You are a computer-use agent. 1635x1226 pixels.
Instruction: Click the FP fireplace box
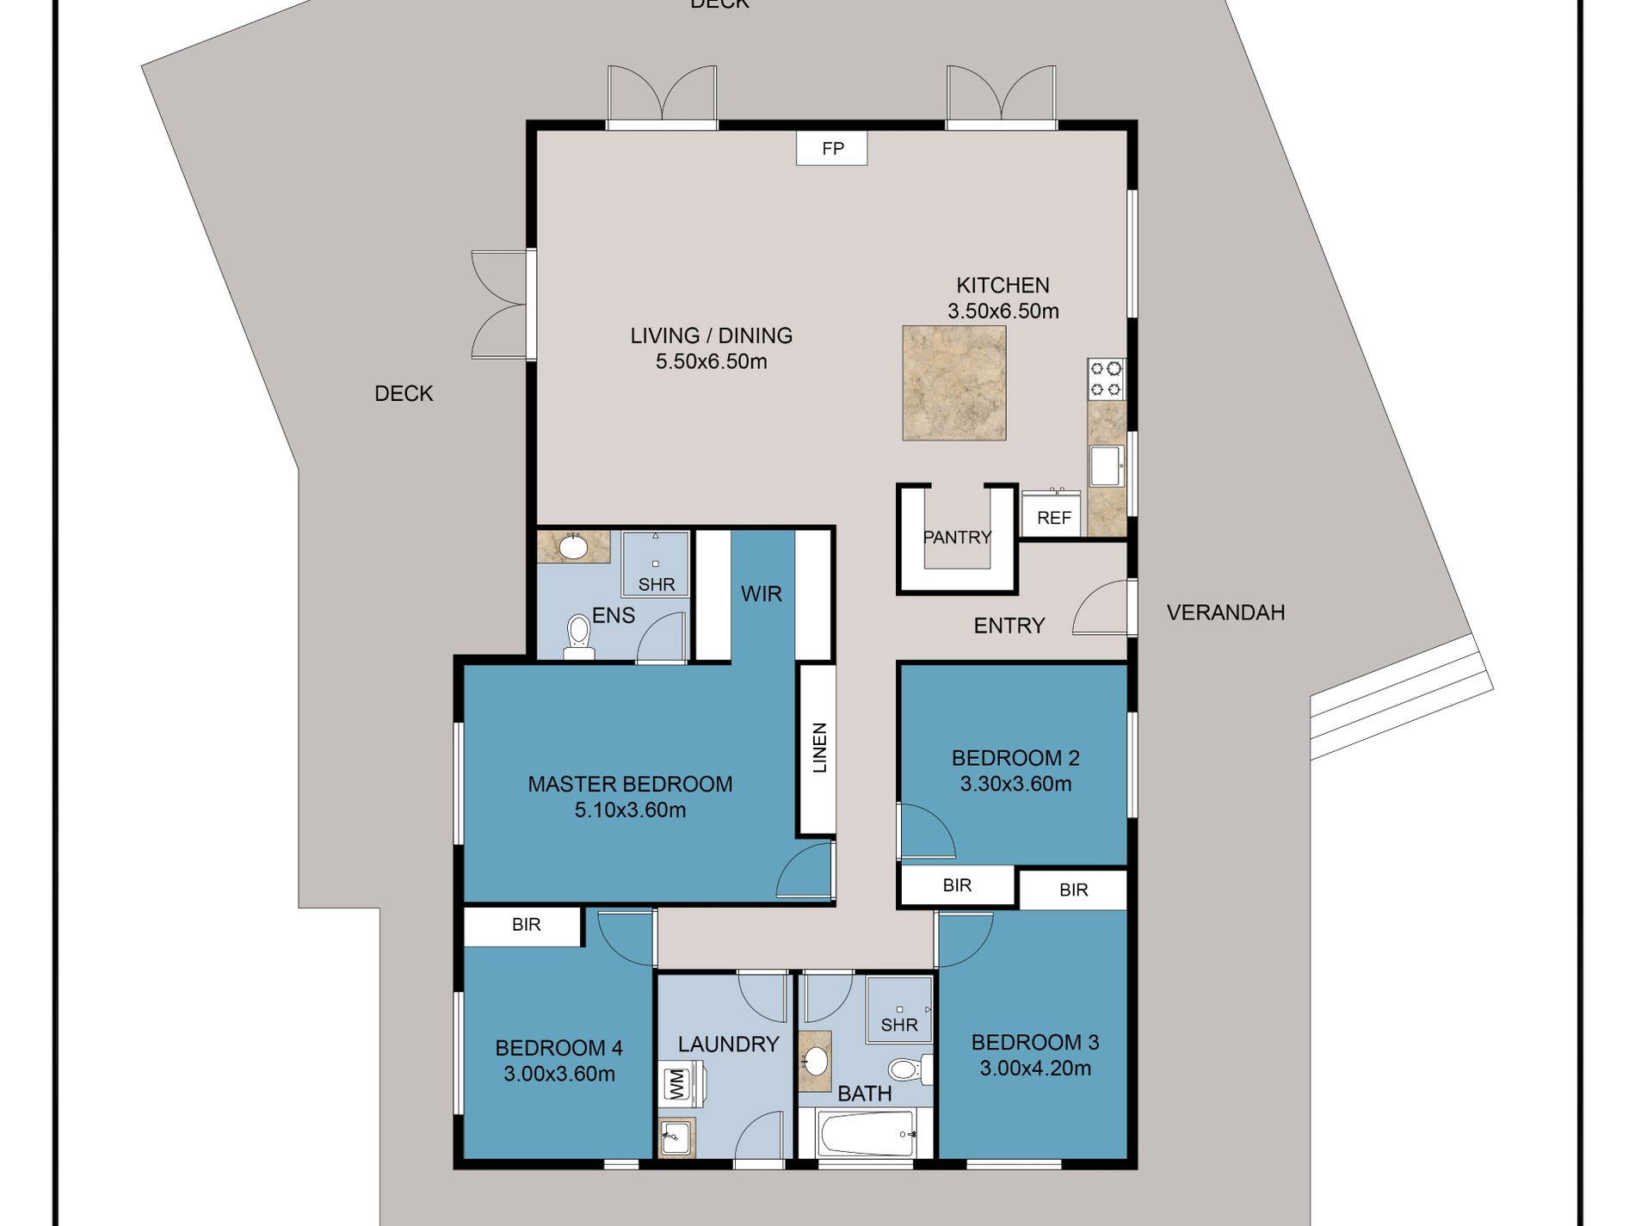(831, 148)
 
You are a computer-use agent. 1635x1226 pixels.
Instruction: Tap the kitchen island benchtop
(954, 383)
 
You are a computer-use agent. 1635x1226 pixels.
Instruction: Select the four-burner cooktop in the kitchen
(1106, 379)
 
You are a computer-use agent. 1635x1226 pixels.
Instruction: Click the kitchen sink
(1107, 466)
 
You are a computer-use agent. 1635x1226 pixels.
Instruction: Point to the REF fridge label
(1053, 518)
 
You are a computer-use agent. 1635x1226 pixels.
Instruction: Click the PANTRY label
(957, 538)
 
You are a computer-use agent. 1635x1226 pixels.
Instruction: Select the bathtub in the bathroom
(867, 1134)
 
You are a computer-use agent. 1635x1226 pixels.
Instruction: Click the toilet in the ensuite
(578, 635)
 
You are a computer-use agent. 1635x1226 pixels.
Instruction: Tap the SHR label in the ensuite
(657, 585)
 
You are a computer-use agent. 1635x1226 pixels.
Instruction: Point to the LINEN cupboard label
(819, 748)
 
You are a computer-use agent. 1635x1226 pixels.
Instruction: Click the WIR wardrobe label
(762, 594)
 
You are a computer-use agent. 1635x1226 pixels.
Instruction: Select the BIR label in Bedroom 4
(526, 925)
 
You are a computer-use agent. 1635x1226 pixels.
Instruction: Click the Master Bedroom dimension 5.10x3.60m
(630, 810)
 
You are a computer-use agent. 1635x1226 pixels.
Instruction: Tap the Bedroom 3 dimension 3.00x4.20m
(1035, 1069)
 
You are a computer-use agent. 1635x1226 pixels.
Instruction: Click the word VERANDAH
(1225, 613)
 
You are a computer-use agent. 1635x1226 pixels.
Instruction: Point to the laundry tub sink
(677, 1137)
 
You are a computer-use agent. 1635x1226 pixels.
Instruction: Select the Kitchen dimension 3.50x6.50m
(1003, 311)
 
